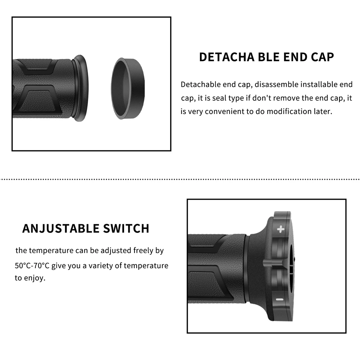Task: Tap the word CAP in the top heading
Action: coord(321,57)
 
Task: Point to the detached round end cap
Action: coord(127,88)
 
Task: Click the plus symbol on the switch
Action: coord(281,229)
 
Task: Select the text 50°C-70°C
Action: coord(32,266)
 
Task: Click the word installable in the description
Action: coord(319,85)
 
